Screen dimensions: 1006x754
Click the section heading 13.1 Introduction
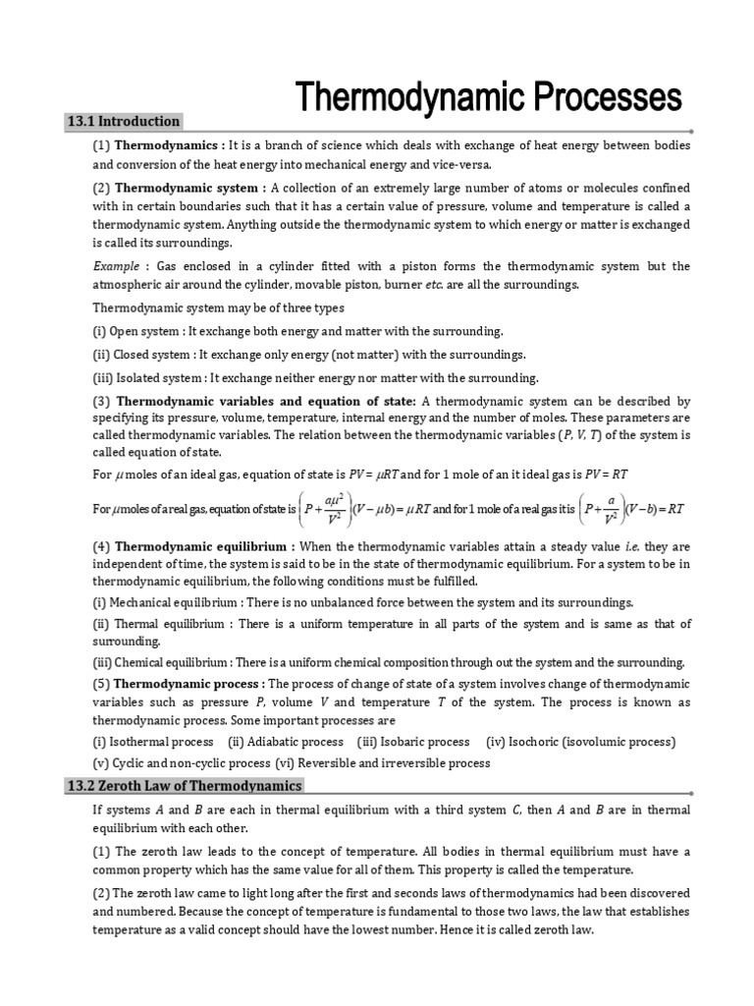coord(123,122)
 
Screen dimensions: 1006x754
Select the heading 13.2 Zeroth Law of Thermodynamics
coord(185,786)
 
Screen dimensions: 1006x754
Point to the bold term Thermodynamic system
coord(189,188)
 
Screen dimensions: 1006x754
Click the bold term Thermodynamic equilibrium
coord(203,546)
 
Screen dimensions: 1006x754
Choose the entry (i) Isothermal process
coord(153,742)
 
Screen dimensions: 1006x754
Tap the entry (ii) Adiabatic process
coord(286,742)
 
